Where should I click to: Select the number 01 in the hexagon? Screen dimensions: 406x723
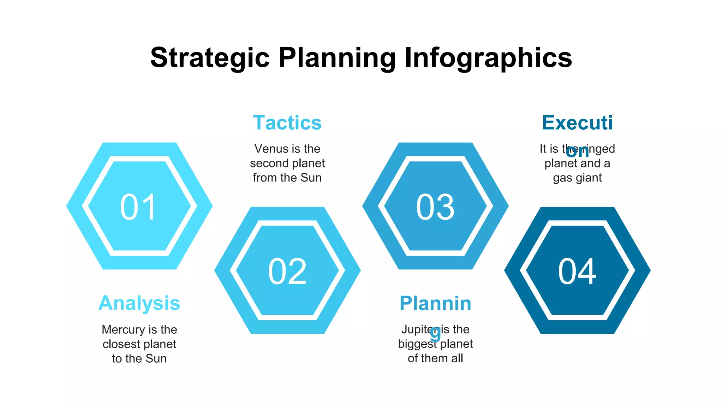[x=138, y=207]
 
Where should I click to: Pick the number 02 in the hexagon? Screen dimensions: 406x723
[x=287, y=271]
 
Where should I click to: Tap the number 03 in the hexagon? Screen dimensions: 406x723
[x=435, y=207]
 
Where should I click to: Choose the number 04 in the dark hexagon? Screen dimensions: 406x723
[x=577, y=271]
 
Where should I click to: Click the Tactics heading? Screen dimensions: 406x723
[x=287, y=123]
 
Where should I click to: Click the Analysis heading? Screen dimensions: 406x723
[x=139, y=303]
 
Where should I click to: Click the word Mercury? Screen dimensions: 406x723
[x=123, y=330]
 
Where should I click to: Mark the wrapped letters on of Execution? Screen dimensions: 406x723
[x=577, y=152]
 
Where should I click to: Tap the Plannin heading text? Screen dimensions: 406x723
[x=435, y=303]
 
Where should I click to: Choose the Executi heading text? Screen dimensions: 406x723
[x=577, y=123]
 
